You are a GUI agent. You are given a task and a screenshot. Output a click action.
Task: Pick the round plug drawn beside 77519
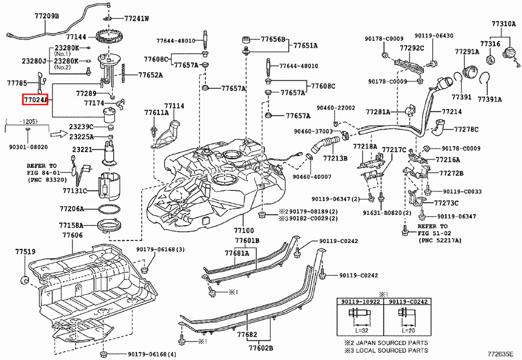24,280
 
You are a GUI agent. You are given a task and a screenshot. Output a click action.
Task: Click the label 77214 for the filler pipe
452,111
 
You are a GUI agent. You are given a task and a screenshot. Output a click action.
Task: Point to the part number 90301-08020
28,147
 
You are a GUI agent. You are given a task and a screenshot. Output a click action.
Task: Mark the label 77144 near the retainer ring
77,38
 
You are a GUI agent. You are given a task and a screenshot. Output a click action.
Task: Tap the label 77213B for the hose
335,158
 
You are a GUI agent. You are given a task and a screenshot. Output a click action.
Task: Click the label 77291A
467,52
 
